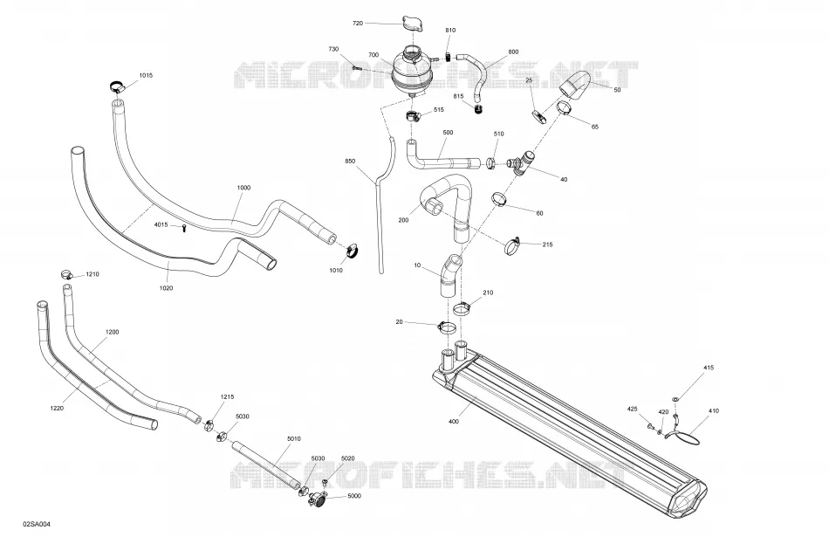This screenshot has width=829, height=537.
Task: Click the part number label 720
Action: [358, 24]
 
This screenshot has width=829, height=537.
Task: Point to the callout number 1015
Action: [146, 75]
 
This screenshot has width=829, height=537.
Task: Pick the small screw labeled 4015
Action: [183, 228]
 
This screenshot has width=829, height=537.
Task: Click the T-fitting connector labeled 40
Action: [521, 161]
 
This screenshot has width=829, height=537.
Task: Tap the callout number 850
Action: [350, 161]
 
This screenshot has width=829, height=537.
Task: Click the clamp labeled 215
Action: [513, 245]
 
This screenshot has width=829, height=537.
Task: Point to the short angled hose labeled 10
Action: [449, 275]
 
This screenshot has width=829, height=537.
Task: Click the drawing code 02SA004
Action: [37, 524]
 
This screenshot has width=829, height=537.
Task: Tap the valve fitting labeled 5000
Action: [319, 498]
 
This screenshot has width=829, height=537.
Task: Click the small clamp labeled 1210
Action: [66, 274]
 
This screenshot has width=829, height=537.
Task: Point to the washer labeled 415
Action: [676, 398]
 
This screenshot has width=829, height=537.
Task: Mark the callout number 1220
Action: [57, 408]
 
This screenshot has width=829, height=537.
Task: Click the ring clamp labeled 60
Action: [499, 199]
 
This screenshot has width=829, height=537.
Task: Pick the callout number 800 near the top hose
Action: [513, 52]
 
